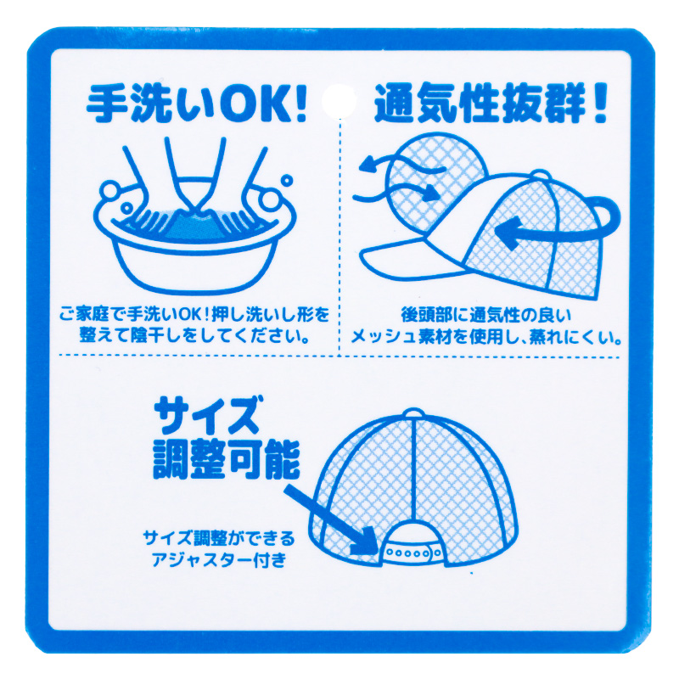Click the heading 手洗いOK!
coord(197,104)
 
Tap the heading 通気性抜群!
coord(491,104)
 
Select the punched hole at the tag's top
coord(339,101)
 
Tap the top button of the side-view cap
coord(541,175)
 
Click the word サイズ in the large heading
coord(208,415)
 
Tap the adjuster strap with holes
coord(412,553)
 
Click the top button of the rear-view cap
coord(413,412)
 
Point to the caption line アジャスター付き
coord(219,560)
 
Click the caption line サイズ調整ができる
coord(219,538)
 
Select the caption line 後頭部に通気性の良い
coord(485,315)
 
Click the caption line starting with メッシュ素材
coord(485,336)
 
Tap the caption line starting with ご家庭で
coord(194,315)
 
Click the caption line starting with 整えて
coord(194,335)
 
